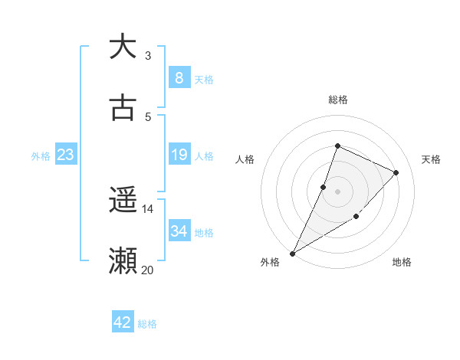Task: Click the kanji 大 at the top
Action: point(123,47)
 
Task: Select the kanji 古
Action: point(123,108)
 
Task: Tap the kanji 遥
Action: point(123,201)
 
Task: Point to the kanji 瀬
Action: point(123,261)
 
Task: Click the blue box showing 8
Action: point(179,77)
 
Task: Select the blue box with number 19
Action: point(179,155)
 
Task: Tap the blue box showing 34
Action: point(179,231)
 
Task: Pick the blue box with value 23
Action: point(65,155)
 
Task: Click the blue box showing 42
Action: point(123,322)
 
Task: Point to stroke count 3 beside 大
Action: point(148,55)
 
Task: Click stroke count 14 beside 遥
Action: point(148,208)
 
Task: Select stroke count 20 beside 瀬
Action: point(148,270)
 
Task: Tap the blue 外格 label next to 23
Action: point(41,155)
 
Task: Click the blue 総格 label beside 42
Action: point(147,323)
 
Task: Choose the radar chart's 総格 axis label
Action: point(337,100)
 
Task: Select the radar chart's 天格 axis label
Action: point(431,159)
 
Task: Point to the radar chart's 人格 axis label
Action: point(245,159)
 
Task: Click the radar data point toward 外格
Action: point(292,253)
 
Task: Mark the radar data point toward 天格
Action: point(396,172)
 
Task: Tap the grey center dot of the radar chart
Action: point(337,191)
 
